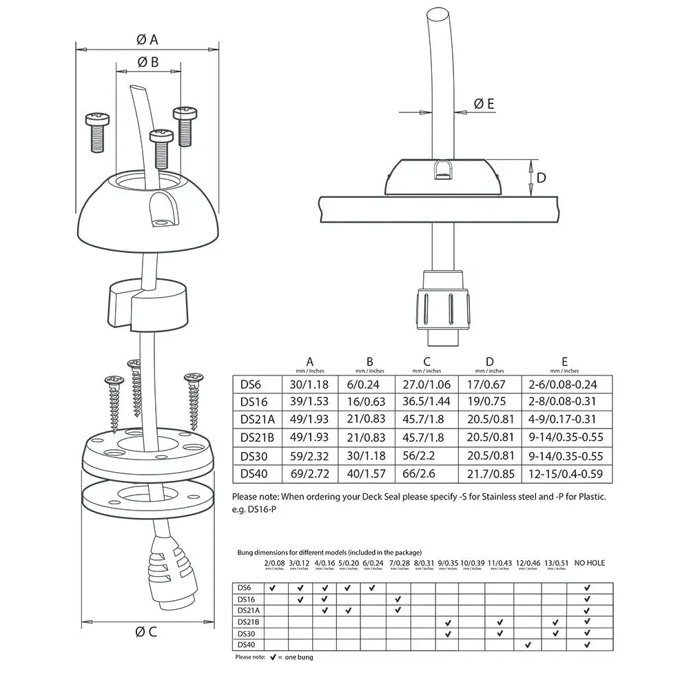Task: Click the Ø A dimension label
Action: click(x=147, y=39)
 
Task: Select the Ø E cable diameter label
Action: click(x=484, y=104)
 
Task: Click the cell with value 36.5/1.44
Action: click(x=426, y=401)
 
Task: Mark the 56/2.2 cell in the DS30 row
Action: click(x=426, y=456)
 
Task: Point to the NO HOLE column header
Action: click(x=589, y=563)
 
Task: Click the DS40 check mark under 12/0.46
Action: click(x=527, y=645)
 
